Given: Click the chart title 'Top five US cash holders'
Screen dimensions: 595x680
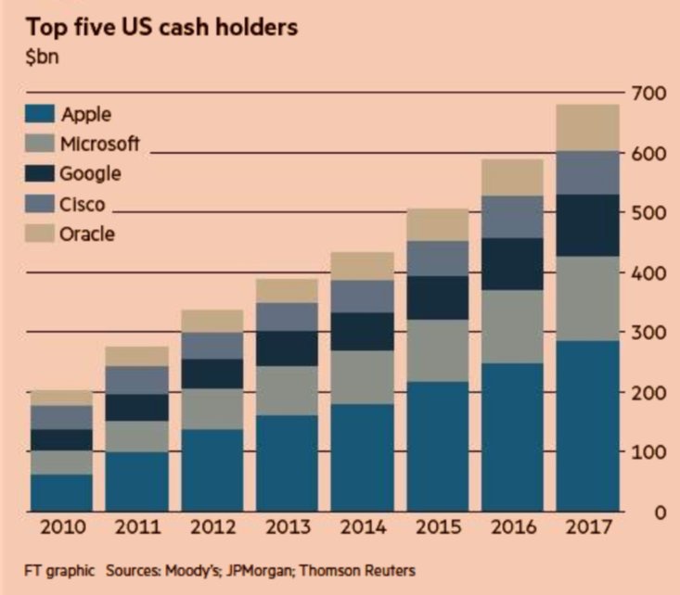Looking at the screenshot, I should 161,26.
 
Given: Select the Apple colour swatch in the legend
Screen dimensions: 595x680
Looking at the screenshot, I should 40,115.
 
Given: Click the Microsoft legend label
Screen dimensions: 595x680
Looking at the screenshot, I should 99,144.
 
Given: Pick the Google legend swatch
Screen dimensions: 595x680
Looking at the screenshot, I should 40,173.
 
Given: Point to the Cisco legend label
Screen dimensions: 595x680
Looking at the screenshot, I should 83,204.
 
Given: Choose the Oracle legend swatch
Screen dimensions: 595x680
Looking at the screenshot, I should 40,234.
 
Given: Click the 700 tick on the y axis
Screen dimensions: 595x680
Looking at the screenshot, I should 648,93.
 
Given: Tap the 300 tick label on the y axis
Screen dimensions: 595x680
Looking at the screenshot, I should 648,332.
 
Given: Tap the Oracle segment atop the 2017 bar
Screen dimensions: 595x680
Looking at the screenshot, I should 587,127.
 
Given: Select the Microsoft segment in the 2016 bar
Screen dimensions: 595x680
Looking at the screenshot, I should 513,325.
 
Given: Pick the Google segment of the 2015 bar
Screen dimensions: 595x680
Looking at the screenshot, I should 438,297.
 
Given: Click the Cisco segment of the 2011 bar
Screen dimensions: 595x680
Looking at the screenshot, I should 138,379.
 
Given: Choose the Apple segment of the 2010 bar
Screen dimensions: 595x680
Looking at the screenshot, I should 62,492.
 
